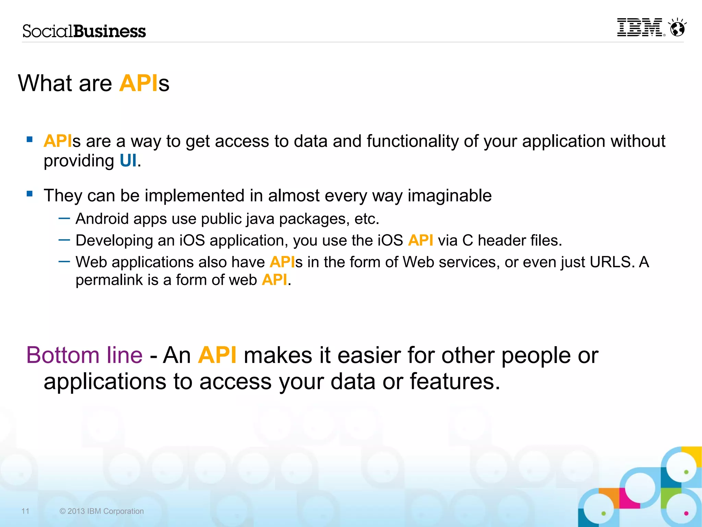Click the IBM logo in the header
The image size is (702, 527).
tap(640, 27)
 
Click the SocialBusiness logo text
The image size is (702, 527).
tap(84, 31)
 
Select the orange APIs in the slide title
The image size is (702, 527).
tap(139, 83)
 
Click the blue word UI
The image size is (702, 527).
tap(128, 161)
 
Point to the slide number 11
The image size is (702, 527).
tap(25, 511)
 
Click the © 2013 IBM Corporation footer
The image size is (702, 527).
tap(101, 511)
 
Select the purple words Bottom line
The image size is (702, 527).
tap(84, 355)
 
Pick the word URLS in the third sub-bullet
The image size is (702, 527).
tap(610, 262)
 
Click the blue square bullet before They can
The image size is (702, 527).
tap(30, 194)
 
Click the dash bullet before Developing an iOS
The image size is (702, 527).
tap(64, 240)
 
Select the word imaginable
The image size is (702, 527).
tap(449, 196)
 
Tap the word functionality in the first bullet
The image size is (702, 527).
tap(412, 141)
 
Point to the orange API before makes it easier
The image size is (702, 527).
tap(217, 355)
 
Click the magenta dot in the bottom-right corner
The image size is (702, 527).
tap(686, 513)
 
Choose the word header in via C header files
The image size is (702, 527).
tap(501, 241)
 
